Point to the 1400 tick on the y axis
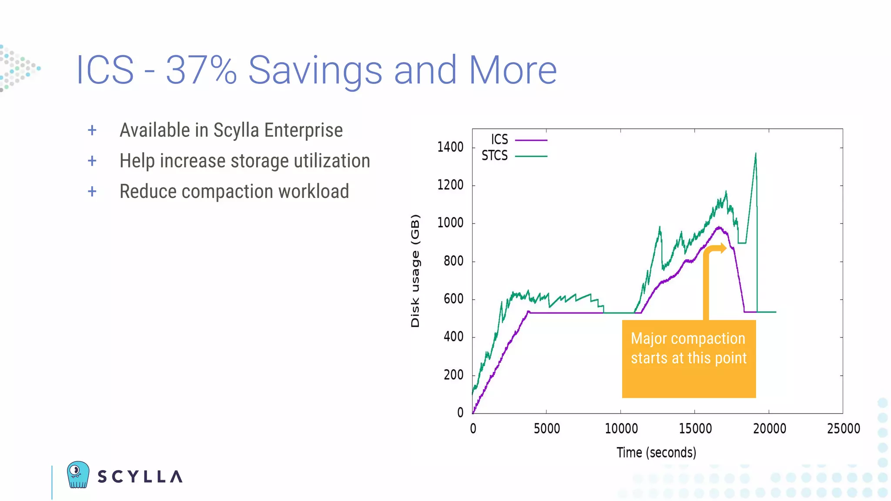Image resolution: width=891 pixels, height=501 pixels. pos(450,147)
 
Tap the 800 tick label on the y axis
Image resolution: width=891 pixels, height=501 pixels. pos(453,261)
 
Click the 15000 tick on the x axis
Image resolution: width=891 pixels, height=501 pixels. pos(695,429)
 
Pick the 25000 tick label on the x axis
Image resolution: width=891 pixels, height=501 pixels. pos(843,429)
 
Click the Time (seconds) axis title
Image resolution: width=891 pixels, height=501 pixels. pos(656,453)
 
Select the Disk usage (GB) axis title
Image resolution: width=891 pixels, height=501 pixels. pos(415,271)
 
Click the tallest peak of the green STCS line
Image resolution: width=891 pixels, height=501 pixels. pos(756,154)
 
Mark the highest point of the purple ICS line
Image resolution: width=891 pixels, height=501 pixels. pos(719,227)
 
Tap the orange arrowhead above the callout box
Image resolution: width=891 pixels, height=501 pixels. pos(723,248)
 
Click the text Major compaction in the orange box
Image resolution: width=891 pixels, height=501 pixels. pos(688,339)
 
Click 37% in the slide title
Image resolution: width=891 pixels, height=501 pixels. pos(201,70)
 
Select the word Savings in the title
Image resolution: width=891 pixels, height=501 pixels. pos(315,70)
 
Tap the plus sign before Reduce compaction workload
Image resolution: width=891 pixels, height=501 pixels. pos(92,191)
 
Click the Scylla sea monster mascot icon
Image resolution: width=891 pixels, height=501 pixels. pos(78,474)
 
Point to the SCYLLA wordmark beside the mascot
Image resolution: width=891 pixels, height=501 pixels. pos(140,477)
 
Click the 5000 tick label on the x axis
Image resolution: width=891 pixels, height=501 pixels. pos(546,429)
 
